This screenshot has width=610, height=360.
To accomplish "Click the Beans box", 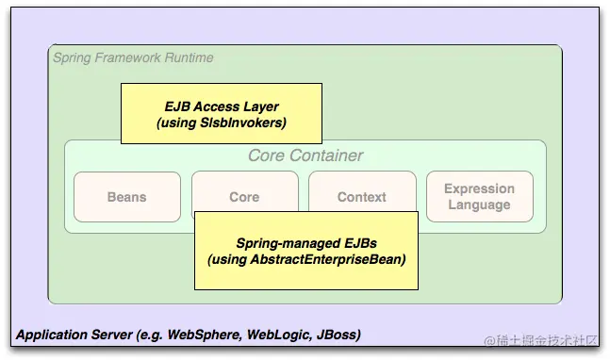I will tap(126, 197).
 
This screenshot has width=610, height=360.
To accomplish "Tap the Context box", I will tap(361, 197).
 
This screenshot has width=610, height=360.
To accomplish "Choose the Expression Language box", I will tap(479, 197).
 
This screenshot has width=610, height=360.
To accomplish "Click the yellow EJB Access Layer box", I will tap(221, 114).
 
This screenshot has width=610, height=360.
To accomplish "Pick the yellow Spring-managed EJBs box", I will tap(305, 251).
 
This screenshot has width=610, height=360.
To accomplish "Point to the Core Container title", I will tap(305, 155).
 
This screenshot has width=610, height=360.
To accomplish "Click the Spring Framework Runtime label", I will tap(133, 57).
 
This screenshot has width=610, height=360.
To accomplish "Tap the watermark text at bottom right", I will tap(538, 338).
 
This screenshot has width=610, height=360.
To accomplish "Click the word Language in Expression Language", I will tap(479, 205).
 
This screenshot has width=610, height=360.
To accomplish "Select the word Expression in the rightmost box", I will tap(479, 188).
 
